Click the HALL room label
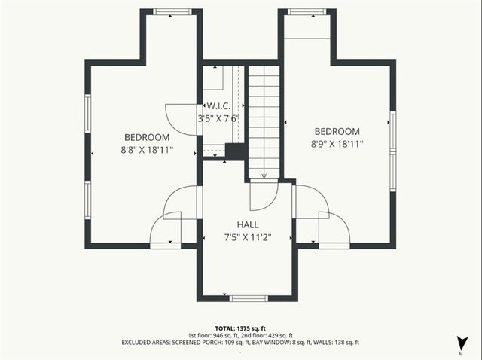[248, 225]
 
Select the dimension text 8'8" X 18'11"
[147, 150]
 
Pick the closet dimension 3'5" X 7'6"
[218, 119]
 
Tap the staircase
[264, 121]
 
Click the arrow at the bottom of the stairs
[264, 175]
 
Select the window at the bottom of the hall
[248, 298]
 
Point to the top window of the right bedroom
[307, 12]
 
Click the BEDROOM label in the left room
[147, 138]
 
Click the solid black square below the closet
[236, 151]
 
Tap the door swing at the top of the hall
[263, 195]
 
